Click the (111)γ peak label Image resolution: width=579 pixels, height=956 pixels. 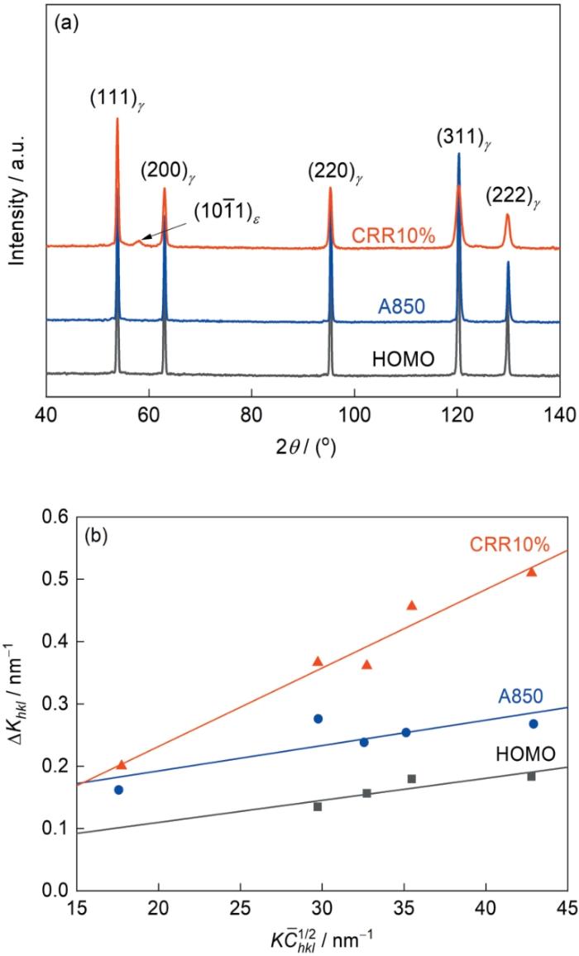pos(117,99)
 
